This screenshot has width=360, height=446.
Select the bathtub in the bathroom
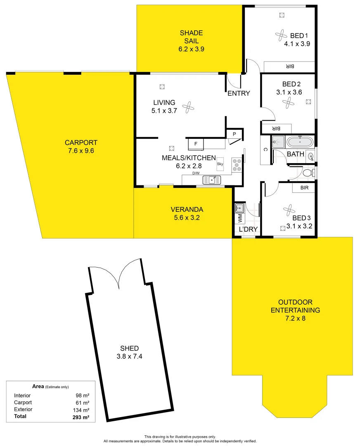[300, 142]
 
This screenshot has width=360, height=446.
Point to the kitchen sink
[212, 180]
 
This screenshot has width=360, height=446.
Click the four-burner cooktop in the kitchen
[237, 165]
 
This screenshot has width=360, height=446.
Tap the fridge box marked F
[196, 144]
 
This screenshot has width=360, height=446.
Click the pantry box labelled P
[234, 134]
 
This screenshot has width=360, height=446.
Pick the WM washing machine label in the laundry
[239, 217]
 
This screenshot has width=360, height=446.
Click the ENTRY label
[239, 93]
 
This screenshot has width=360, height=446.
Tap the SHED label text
[130, 348]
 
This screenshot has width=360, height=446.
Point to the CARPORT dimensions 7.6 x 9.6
[81, 151]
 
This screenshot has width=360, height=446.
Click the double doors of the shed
[118, 274]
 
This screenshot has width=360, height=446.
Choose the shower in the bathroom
[279, 142]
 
